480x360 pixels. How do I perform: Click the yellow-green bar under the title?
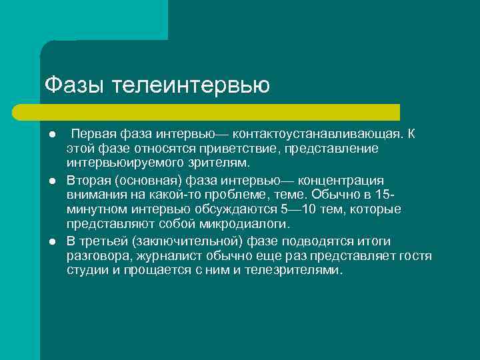click(220, 112)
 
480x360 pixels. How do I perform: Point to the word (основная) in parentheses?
click(145, 181)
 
